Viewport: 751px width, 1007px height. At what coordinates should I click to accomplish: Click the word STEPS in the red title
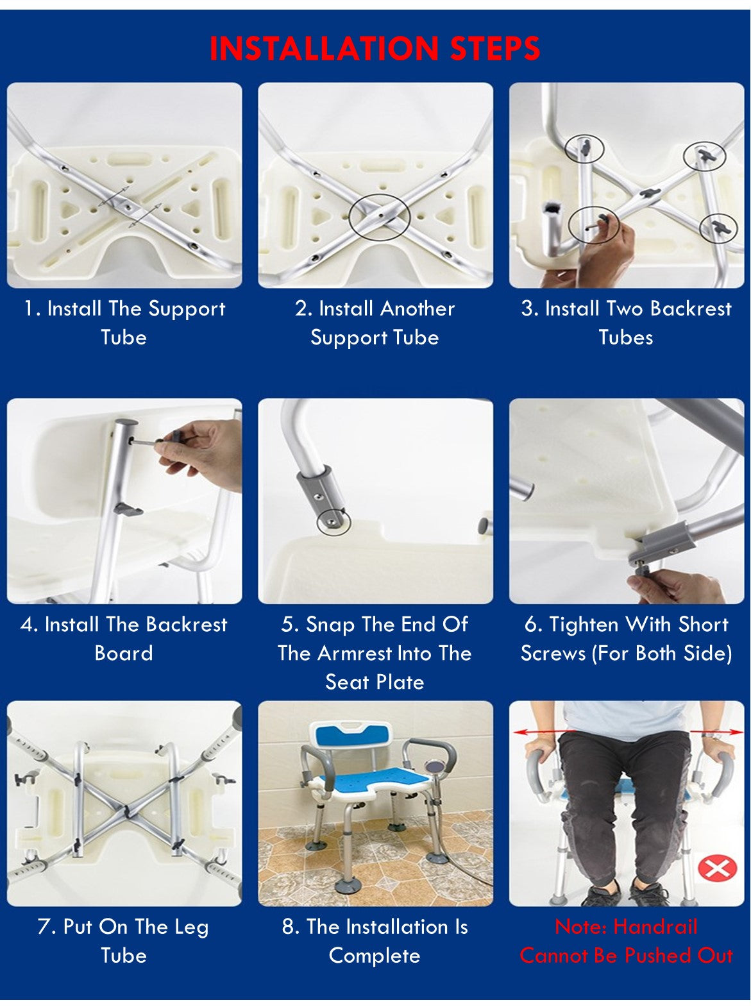[x=495, y=49]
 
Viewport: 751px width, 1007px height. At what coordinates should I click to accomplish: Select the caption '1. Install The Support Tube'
[x=124, y=323]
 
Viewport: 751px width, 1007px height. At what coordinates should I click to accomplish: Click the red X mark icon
[x=716, y=868]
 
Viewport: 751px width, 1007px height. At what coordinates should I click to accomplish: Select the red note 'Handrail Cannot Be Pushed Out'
[x=626, y=941]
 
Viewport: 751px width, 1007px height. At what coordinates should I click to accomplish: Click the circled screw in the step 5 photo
[x=333, y=521]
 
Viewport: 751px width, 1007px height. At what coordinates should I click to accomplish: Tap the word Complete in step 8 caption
[x=375, y=956]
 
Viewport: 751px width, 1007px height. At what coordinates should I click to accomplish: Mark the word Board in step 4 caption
[x=124, y=654]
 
